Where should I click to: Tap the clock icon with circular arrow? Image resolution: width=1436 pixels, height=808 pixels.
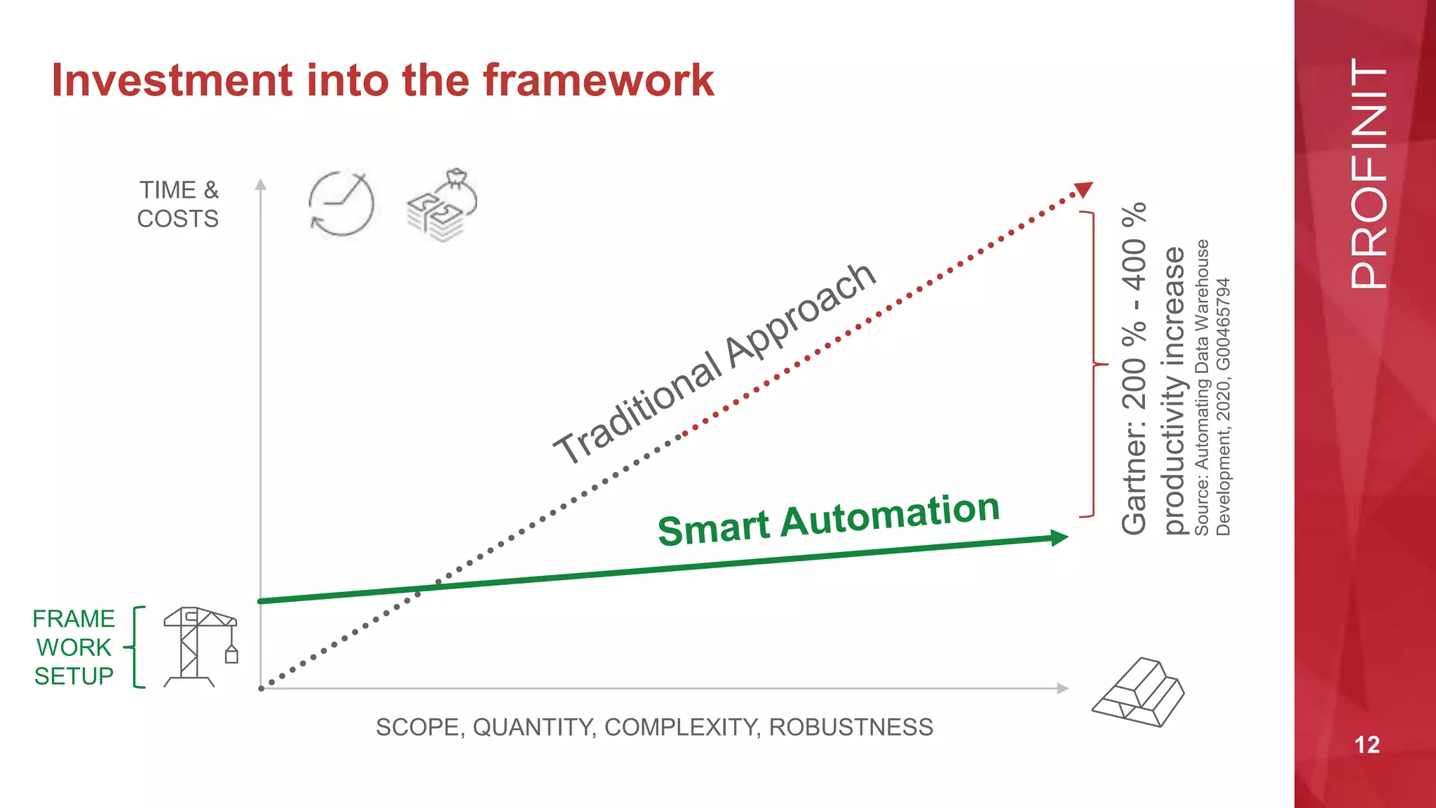tap(341, 203)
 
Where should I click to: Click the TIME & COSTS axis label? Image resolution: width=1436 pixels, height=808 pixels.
tap(178, 204)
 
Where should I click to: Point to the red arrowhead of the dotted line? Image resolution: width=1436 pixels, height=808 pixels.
tap(1084, 189)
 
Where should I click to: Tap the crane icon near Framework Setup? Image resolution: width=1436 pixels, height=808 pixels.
tap(201, 647)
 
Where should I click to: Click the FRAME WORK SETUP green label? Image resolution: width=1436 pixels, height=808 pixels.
tap(74, 647)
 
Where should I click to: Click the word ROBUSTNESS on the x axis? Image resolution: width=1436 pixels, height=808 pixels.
tap(851, 727)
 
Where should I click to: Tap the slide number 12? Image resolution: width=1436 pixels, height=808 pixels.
tap(1367, 745)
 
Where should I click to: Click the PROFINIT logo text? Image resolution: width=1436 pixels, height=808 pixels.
tap(1368, 173)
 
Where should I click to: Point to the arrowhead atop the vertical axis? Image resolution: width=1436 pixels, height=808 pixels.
tap(261, 184)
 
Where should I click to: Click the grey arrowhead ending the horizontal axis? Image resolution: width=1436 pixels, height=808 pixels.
tap(1063, 688)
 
